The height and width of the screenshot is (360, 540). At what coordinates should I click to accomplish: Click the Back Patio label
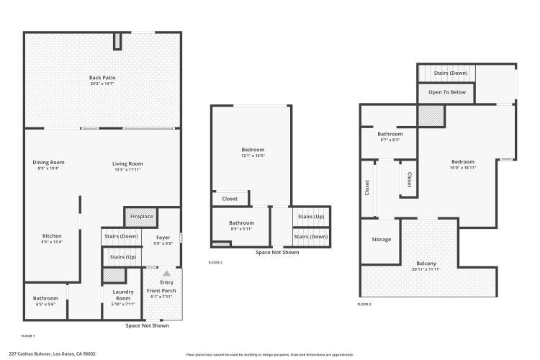pos(102,78)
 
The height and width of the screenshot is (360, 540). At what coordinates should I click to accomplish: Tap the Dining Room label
pos(48,163)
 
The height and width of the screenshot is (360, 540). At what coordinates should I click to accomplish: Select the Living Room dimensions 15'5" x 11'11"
pos(127,170)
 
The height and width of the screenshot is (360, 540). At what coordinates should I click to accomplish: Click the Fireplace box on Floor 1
pos(141,216)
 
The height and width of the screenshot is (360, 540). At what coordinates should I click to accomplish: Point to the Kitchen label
pos(52,236)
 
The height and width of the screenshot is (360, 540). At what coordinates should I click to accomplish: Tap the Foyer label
pos(163,237)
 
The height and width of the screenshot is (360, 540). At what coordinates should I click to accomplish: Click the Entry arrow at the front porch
pos(166,274)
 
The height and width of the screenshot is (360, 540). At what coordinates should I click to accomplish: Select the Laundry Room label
pos(123,294)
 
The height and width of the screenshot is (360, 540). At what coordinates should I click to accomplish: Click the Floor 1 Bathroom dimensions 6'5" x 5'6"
pos(45,304)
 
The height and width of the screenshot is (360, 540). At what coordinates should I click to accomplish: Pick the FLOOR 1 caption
pos(28,336)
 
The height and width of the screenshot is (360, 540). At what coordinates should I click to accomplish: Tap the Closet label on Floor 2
pos(230,199)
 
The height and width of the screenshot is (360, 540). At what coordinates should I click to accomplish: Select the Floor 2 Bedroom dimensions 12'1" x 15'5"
pos(253,156)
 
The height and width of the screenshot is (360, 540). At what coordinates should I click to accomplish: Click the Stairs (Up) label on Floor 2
pos(310,216)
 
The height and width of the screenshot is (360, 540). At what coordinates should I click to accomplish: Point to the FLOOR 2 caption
pos(215,263)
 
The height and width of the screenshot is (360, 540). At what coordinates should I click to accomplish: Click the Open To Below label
pos(447,92)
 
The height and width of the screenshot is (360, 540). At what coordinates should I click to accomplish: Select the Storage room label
pos(381,239)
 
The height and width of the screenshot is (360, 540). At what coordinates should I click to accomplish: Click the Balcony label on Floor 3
pos(426,264)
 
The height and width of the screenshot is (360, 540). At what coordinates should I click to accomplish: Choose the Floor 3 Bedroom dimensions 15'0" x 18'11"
pos(462,167)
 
